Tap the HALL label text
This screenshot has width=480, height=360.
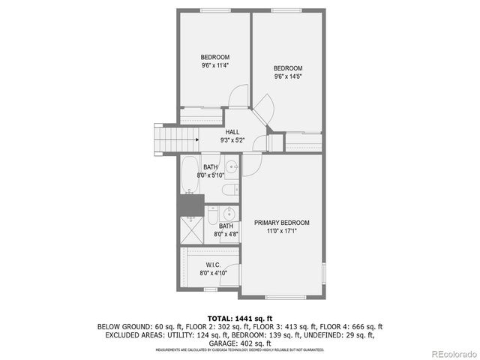232,132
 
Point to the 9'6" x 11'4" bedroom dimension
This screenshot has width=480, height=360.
214,65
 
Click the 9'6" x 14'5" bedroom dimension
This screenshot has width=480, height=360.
287,76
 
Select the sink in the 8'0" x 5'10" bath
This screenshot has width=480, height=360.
232,166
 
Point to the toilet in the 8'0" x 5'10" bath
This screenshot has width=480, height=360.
231,188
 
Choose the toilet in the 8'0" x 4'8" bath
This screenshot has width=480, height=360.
213,215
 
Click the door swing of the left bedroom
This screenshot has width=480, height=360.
237,96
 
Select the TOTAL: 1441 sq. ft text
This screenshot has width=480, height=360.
239,318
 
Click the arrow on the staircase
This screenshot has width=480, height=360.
191,138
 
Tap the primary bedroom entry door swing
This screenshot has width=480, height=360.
257,143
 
